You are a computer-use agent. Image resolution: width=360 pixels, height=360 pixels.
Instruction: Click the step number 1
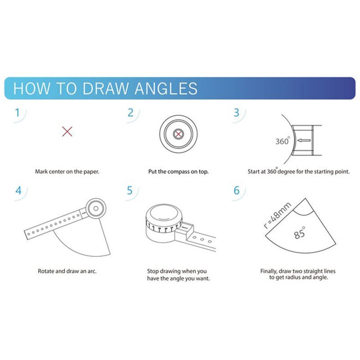click(x=17, y=112)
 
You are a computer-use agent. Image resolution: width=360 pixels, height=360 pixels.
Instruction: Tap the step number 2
click(x=130, y=112)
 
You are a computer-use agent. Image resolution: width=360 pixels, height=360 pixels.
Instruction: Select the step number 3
click(x=237, y=112)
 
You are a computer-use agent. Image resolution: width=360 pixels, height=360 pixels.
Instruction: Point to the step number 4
click(x=18, y=190)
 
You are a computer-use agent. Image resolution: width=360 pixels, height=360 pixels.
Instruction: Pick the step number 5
click(x=130, y=190)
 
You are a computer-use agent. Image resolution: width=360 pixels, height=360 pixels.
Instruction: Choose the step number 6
click(x=237, y=190)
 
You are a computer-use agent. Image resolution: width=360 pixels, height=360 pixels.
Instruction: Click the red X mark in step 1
click(x=67, y=131)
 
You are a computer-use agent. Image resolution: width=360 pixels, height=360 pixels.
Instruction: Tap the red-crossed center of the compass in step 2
click(x=179, y=134)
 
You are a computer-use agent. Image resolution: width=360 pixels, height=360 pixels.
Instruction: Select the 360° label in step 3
click(x=282, y=141)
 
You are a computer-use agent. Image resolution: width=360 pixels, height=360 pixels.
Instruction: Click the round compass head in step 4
click(x=94, y=207)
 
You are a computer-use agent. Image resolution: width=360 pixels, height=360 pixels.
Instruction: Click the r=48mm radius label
click(x=278, y=216)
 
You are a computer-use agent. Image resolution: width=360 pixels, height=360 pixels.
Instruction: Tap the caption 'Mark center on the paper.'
click(x=67, y=171)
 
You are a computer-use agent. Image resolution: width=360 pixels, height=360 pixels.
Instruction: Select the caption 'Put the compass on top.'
click(x=178, y=171)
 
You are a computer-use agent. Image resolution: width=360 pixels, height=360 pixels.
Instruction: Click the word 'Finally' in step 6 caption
click(x=270, y=271)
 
